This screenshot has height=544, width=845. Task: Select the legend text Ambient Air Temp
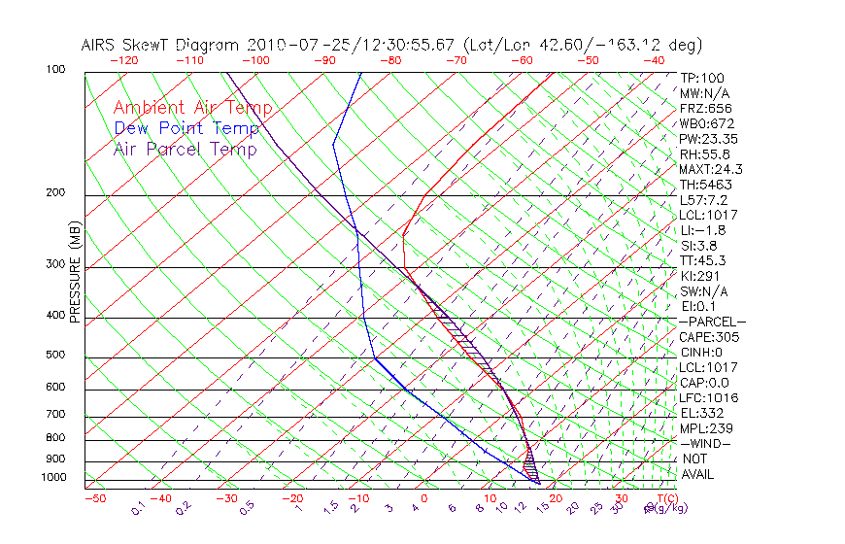click(x=192, y=108)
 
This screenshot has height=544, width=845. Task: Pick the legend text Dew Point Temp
click(x=186, y=128)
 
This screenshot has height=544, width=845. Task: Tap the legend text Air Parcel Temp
click(x=185, y=149)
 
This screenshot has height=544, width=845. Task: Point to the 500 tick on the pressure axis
click(x=56, y=355)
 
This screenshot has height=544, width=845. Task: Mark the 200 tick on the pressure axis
click(x=56, y=192)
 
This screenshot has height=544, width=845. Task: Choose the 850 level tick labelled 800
click(x=56, y=438)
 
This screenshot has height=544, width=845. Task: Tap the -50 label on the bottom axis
click(x=94, y=498)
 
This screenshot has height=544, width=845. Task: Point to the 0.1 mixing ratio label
click(x=138, y=507)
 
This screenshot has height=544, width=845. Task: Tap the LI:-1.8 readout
click(x=700, y=229)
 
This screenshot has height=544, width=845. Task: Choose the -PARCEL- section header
click(x=712, y=322)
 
